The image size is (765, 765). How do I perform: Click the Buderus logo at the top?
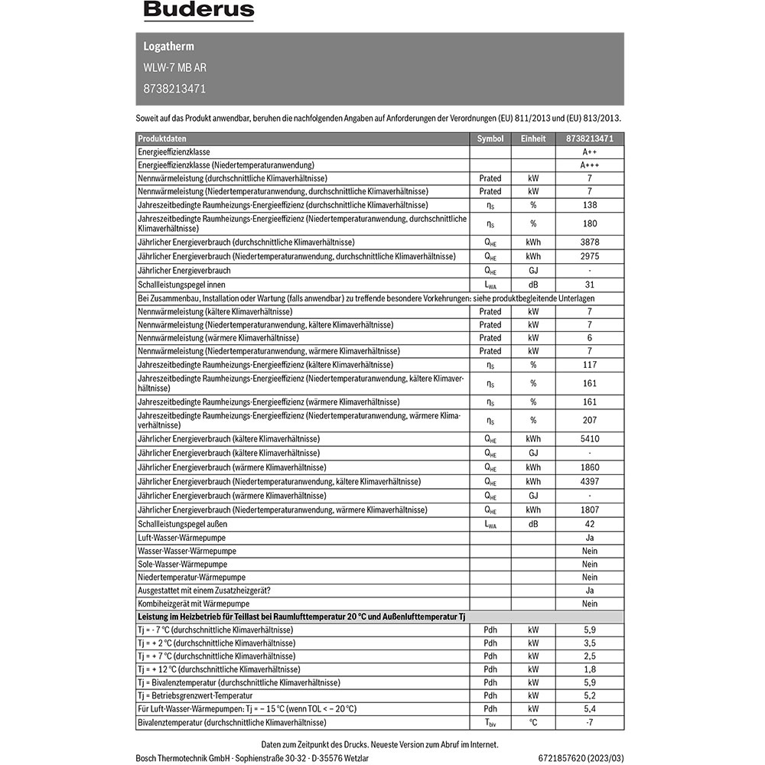(x=198, y=11)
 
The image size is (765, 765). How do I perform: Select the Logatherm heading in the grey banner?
(x=168, y=47)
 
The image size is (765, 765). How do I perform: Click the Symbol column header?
(x=490, y=138)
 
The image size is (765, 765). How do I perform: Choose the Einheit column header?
(x=533, y=138)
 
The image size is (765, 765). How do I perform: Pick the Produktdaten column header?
(x=161, y=138)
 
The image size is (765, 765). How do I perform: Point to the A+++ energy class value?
(x=589, y=165)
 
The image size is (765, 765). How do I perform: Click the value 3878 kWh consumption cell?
(x=589, y=242)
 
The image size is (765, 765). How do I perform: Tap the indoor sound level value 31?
(x=589, y=285)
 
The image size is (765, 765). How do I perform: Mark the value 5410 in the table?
(x=589, y=439)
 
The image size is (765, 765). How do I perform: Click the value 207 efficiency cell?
(x=589, y=420)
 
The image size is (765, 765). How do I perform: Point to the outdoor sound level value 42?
(x=589, y=524)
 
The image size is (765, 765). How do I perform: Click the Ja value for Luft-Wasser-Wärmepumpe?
(x=589, y=538)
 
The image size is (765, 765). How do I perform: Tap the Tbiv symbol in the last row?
(x=490, y=723)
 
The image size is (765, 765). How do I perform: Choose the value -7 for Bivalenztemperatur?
(x=589, y=722)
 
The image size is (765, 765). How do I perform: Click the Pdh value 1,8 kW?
(x=589, y=669)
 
